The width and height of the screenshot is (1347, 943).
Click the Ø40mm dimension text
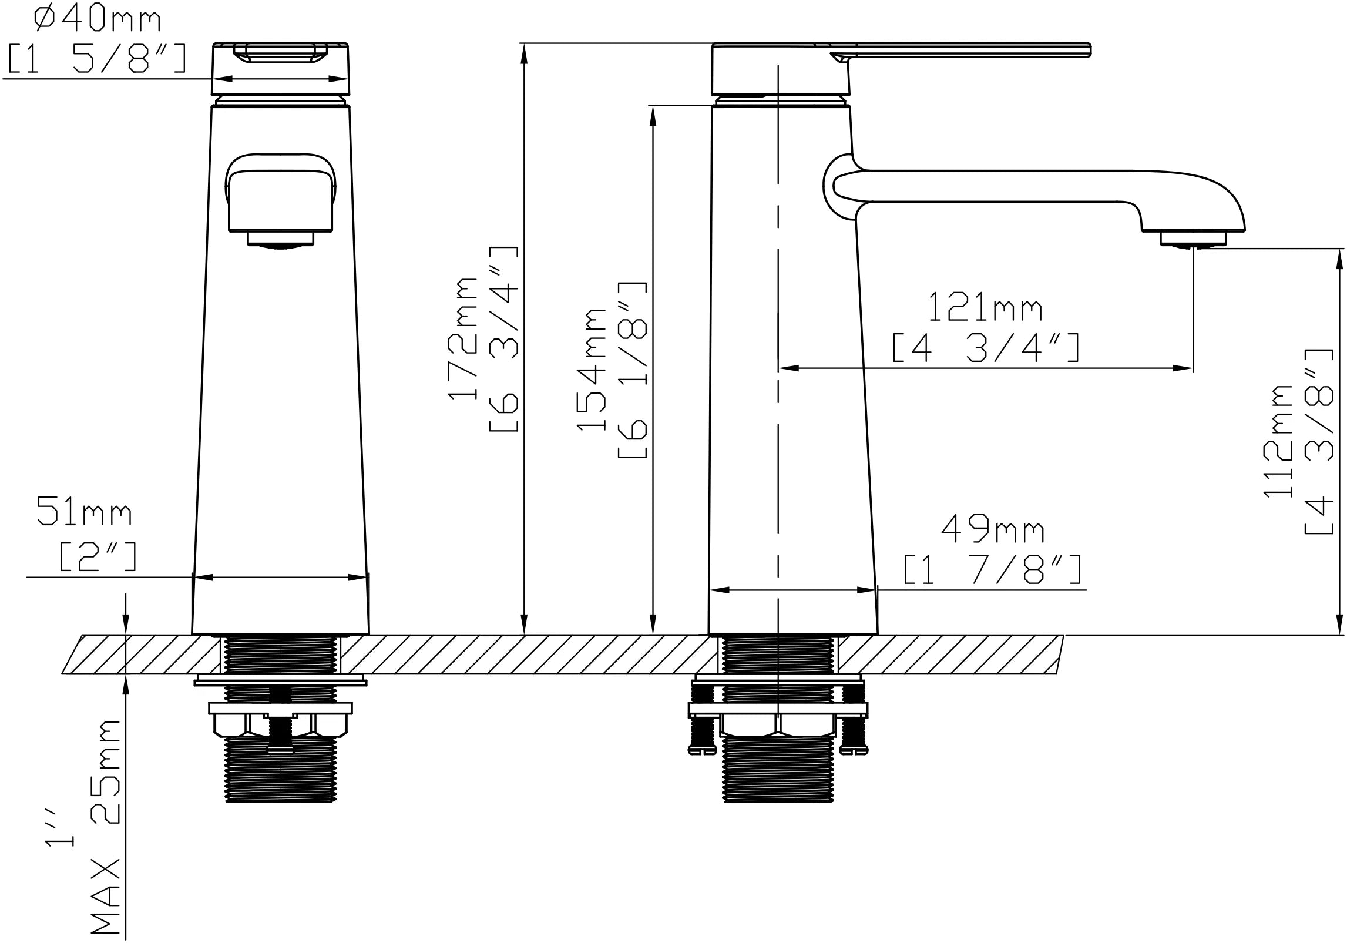click(98, 19)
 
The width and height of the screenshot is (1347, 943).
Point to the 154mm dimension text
click(590, 369)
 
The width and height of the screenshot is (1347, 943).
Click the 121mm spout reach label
click(985, 307)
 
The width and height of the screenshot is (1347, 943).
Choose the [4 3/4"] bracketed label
click(986, 348)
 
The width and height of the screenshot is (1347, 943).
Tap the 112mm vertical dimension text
click(1278, 441)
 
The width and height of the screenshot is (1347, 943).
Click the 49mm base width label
click(993, 530)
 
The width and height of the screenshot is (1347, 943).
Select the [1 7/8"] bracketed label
click(993, 569)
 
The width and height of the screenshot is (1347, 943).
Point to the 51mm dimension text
click(84, 511)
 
